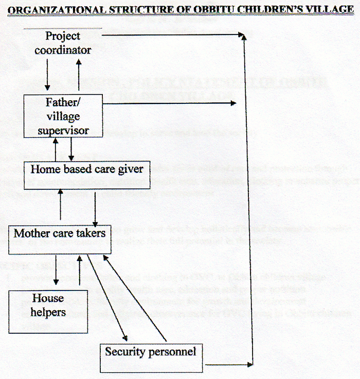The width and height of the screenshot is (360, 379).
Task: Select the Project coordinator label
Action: click(63, 43)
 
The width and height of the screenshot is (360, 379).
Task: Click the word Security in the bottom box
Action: click(124, 352)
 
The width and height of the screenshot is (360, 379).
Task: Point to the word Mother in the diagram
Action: click(28, 233)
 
